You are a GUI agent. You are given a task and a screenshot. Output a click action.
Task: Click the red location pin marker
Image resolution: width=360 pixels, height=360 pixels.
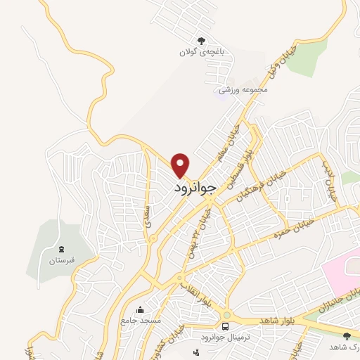click(x=181, y=165)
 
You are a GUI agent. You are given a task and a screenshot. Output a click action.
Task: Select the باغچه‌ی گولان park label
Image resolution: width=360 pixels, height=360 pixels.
click(x=202, y=52)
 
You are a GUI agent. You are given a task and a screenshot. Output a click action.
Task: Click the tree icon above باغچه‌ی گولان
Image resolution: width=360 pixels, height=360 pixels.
click(x=202, y=40)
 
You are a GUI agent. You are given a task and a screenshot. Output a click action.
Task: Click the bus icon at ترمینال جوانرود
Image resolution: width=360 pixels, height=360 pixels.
click(x=225, y=327)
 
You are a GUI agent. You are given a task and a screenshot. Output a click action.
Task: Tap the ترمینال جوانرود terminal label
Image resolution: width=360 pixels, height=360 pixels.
click(x=225, y=339)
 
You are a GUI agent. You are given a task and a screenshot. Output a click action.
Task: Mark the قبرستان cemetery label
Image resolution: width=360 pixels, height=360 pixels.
click(x=61, y=261)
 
